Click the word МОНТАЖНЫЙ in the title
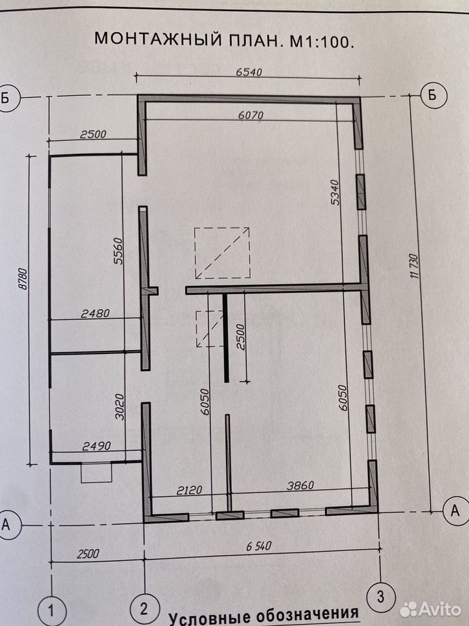point(158,39)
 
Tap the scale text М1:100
point(321,40)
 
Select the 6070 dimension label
point(251,115)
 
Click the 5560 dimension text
point(119,251)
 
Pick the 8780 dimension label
point(23,279)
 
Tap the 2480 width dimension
point(95,314)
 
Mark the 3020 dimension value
point(119,406)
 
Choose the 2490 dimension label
point(96,445)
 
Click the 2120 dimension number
point(190,490)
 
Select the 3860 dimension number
point(301,485)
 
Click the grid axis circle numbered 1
point(51,611)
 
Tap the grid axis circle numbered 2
point(144,609)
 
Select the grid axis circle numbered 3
point(381,597)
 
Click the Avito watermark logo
point(431,610)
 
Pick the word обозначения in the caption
point(307,615)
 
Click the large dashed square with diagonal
point(223,253)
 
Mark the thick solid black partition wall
point(226,338)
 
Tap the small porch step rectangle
point(96,472)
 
